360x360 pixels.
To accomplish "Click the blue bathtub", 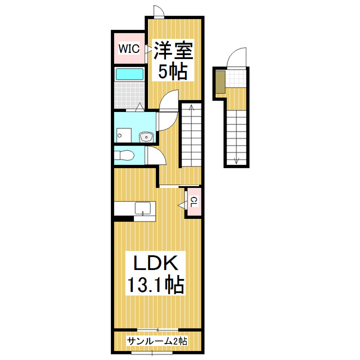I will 129,74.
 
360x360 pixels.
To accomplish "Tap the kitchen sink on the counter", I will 143,208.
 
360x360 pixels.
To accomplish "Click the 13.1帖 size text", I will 155,286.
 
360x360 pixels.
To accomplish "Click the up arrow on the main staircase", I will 192,107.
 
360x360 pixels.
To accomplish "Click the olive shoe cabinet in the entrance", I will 220,82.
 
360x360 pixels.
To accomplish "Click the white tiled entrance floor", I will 236,78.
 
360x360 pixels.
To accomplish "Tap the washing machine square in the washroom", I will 123,135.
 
